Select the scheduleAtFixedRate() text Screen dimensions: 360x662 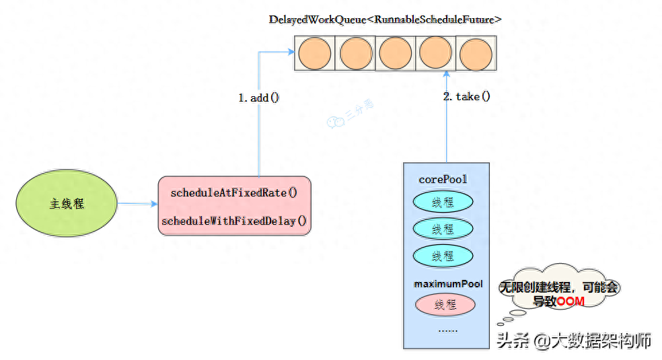tap(234, 192)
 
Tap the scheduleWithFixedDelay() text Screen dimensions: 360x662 tap(234, 221)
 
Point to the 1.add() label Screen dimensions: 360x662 tap(258, 98)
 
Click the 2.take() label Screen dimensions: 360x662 tap(467, 96)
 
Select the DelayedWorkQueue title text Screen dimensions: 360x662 tap(385, 20)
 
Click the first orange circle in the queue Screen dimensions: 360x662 tap(315, 52)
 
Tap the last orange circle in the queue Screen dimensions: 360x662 tap(476, 52)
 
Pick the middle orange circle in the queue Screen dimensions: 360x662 tap(396, 52)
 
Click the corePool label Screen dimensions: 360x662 tap(443, 180)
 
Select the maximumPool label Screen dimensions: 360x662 tap(448, 284)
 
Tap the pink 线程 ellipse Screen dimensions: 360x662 tap(445, 305)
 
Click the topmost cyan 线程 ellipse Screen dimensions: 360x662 tap(443, 202)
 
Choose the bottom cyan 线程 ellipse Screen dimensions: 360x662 tap(443, 256)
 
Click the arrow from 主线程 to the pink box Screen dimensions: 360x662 tap(137, 203)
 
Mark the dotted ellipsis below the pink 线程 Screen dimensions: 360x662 tap(447, 330)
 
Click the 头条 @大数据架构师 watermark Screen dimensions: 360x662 tap(574, 340)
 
